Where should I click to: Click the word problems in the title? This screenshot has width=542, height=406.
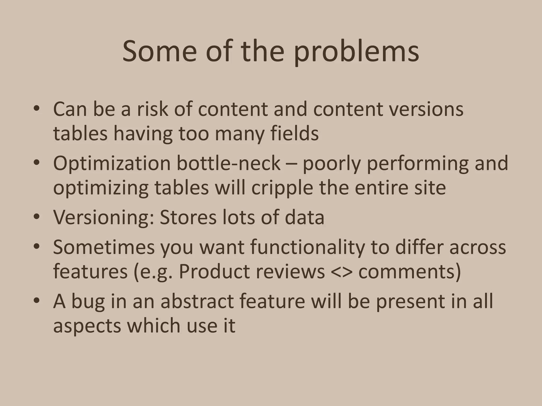pos(356,52)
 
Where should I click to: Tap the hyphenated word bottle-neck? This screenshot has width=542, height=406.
pos(228,163)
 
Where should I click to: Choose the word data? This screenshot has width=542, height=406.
pos(304,217)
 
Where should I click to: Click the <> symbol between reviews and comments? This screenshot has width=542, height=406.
pos(342,272)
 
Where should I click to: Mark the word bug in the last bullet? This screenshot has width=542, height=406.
pos(88,302)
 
